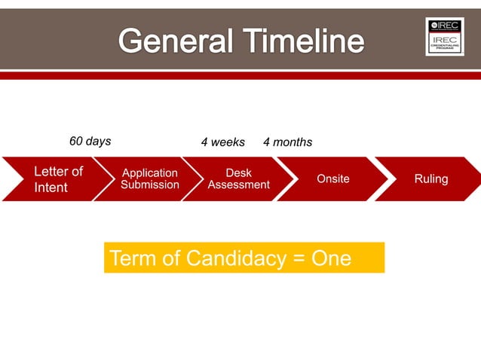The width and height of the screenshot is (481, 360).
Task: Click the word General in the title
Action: [x=171, y=41]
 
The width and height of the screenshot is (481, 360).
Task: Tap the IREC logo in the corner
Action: [x=444, y=36]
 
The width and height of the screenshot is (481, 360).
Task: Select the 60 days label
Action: [x=90, y=141]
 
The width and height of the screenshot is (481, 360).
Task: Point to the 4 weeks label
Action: [x=222, y=142]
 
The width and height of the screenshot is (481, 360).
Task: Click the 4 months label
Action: [x=287, y=142]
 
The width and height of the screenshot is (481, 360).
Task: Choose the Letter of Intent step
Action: [x=53, y=179]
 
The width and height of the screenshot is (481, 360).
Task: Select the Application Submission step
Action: [x=150, y=179]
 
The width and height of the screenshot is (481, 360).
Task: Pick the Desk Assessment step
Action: [x=239, y=179]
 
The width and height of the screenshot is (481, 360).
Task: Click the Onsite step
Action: [x=332, y=179]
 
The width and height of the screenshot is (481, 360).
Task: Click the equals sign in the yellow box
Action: [x=299, y=259]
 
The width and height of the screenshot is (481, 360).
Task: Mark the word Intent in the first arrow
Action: [x=51, y=188]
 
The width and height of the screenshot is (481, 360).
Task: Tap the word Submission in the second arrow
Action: [x=150, y=185]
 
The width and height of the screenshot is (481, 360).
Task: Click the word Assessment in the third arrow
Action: [x=239, y=185]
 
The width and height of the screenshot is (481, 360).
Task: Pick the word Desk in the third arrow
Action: [x=239, y=173]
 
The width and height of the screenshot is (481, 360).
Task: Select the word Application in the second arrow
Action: [x=150, y=173]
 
